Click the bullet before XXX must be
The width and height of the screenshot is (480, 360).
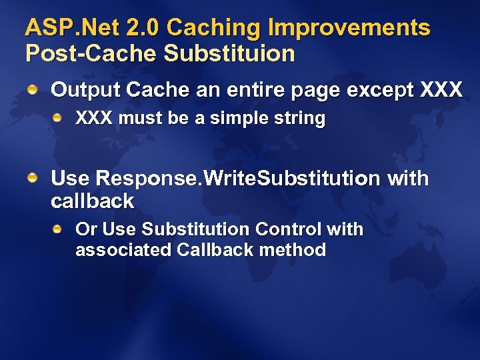[59, 119]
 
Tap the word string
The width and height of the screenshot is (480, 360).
[301, 120]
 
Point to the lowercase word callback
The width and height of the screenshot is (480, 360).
[92, 201]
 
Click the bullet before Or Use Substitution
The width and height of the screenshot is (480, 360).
[59, 229]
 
